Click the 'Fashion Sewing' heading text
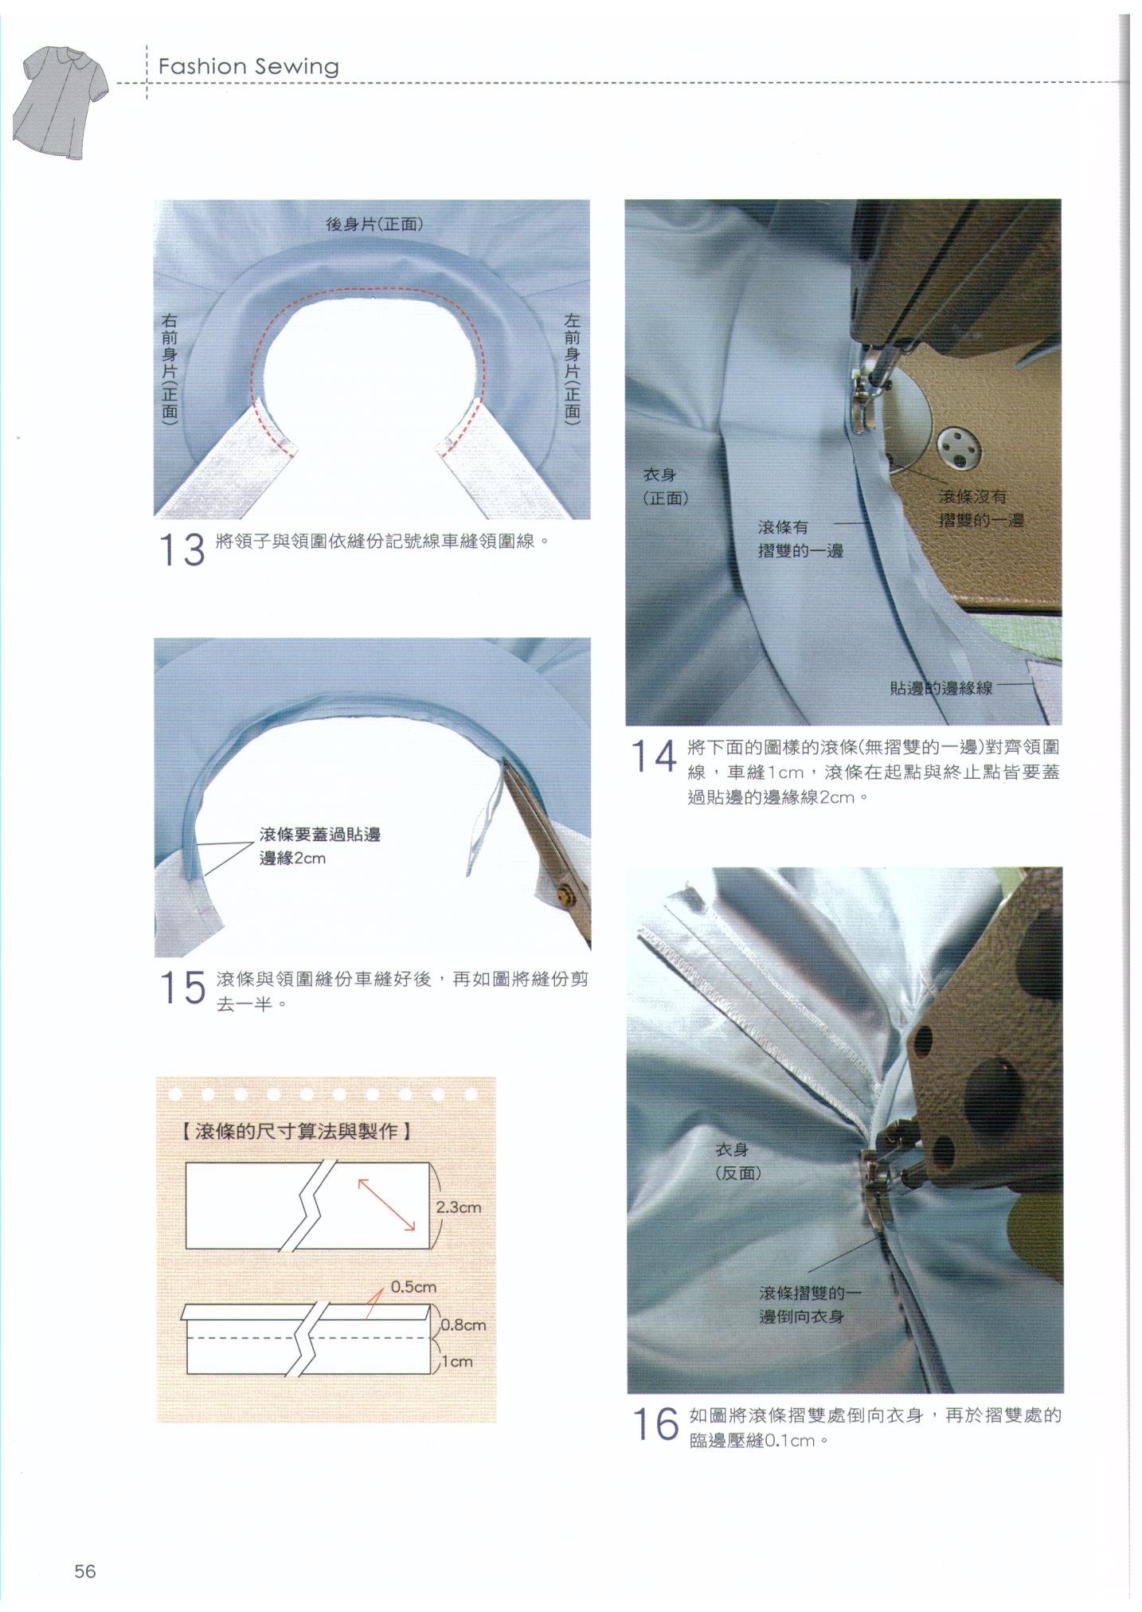(x=248, y=67)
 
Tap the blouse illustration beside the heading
(x=61, y=103)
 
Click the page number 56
(x=85, y=1571)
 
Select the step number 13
(x=182, y=550)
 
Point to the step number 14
(x=654, y=756)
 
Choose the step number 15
(x=182, y=988)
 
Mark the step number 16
(x=655, y=1424)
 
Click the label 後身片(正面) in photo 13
(x=374, y=224)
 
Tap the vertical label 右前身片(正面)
(x=170, y=367)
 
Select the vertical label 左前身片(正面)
(x=572, y=367)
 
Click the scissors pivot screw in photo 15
(x=565, y=894)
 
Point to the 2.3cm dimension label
(x=459, y=1207)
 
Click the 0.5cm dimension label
(x=413, y=1287)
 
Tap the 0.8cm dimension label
(x=463, y=1325)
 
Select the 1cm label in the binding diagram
(x=457, y=1362)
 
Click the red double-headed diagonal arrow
(x=387, y=1205)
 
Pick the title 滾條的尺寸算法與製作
(x=296, y=1131)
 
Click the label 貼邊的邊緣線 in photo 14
(x=941, y=687)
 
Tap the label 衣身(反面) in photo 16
(x=738, y=1161)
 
